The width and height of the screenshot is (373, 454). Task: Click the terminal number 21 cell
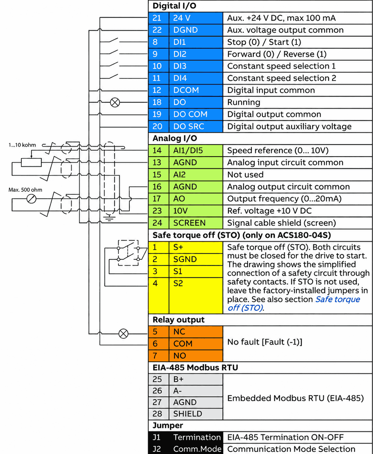point(159,18)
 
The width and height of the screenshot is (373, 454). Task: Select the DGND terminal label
point(186,30)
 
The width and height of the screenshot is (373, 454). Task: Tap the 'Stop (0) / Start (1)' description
point(264,42)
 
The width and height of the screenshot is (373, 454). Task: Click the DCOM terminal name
point(186,90)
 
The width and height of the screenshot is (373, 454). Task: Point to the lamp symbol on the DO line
point(115,103)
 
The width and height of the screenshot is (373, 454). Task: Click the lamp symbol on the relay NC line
point(123,334)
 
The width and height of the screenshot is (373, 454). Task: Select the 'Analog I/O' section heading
point(175,138)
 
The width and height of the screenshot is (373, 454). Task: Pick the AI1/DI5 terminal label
point(188,150)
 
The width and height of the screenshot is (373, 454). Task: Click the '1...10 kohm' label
point(22,145)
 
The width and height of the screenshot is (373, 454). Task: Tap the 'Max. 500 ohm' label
point(25,190)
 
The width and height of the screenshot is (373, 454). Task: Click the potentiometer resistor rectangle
point(31,162)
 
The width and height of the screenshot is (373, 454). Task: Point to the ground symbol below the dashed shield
point(109,218)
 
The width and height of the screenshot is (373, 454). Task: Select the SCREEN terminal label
point(189,223)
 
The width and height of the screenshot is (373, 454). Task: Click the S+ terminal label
point(178,247)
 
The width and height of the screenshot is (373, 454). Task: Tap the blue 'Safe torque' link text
point(338,299)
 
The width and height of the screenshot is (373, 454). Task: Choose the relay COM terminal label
point(183,344)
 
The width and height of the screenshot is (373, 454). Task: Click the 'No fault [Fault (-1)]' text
point(265,342)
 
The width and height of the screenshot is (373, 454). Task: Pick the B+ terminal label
point(178,379)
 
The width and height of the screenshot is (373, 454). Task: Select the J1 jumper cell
point(159,437)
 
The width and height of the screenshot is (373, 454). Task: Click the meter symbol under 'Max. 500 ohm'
point(31,199)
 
